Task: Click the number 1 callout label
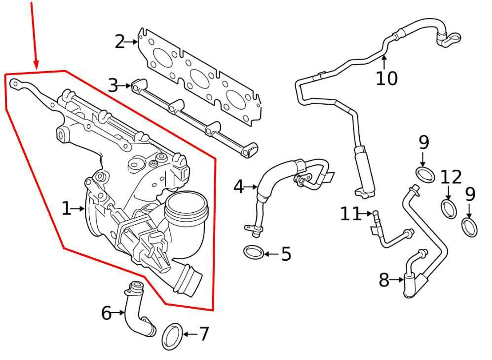67,209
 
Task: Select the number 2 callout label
119,42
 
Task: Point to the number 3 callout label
113,85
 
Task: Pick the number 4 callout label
238,187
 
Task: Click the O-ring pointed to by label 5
253,253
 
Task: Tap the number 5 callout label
286,254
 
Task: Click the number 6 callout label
107,313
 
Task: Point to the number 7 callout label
204,334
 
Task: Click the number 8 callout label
384,280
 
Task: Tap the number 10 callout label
386,78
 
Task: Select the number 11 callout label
351,214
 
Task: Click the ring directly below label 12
448,208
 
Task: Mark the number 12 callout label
451,177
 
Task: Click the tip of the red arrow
36,68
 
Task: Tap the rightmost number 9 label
470,194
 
